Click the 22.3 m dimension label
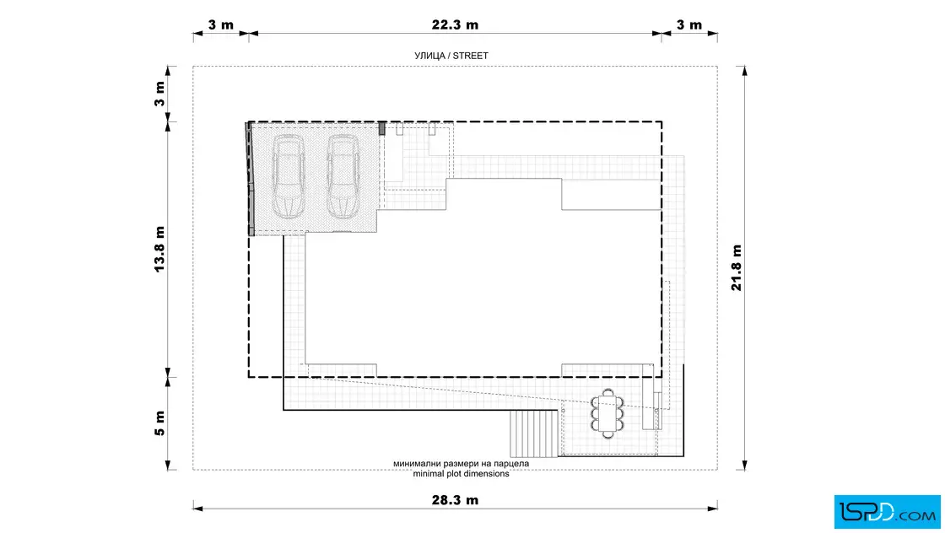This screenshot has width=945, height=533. tap(455, 24)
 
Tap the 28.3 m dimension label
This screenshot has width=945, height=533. tap(455, 500)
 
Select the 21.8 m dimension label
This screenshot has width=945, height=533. tap(736, 267)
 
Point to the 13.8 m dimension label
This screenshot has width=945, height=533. tap(159, 250)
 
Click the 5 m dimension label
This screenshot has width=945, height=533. tap(159, 423)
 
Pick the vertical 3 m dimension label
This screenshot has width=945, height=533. tap(159, 94)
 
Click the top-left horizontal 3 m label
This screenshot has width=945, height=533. tap(220, 24)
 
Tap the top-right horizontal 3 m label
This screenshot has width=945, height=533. tap(688, 24)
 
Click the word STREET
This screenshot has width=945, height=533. tap(471, 56)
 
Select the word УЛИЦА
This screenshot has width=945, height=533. tap(429, 56)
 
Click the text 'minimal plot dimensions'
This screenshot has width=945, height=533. tap(461, 474)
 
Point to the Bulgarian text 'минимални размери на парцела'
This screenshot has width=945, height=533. tap(461, 464)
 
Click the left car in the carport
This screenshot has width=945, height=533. tap(288, 176)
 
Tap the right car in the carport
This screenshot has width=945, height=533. tap(343, 176)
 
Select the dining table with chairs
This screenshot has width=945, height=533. tap(607, 413)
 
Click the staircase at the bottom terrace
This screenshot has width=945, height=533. tap(533, 433)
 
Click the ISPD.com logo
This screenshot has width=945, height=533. tap(887, 512)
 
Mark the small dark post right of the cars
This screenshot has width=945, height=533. tap(381, 128)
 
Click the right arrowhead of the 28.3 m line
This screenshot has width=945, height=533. tap(712, 509)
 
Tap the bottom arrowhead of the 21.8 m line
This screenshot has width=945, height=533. tap(745, 465)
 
